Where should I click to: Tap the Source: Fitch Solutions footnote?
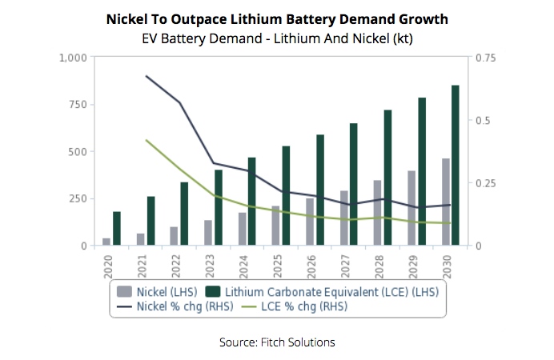pos(277,342)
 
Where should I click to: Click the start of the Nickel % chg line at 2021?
pos(146,76)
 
